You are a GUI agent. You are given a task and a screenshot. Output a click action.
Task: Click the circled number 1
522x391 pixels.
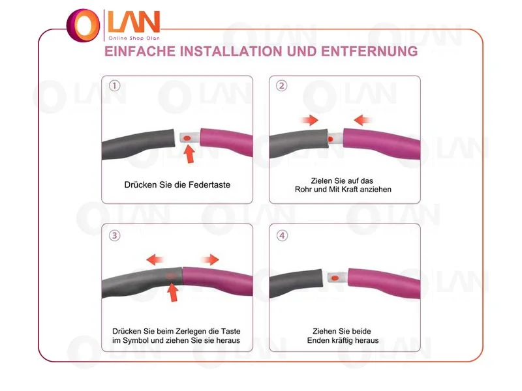[x=115, y=86]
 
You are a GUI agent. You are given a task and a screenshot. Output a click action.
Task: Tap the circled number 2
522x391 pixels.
[x=282, y=86]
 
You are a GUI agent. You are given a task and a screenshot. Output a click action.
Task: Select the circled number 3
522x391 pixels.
[x=115, y=236]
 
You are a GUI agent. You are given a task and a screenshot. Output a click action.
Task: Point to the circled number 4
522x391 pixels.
[x=283, y=236]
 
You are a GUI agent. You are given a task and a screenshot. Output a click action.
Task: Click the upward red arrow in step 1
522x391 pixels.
[x=189, y=154]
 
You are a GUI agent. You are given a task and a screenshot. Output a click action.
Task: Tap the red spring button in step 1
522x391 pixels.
[x=187, y=138]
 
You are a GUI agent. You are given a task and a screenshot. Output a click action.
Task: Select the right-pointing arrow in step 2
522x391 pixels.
[x=310, y=120]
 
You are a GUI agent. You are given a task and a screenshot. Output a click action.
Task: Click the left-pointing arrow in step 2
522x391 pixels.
[x=362, y=120]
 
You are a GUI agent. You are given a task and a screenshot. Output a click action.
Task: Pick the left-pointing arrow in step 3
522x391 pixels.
[x=155, y=259]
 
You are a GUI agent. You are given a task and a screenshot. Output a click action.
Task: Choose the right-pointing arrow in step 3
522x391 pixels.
[x=210, y=259]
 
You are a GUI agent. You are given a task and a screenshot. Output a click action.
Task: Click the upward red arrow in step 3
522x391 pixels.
[x=172, y=292]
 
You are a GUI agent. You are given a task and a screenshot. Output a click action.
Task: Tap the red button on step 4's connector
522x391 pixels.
[x=335, y=278]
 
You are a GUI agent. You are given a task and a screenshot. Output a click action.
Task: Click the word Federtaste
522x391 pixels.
[x=209, y=185]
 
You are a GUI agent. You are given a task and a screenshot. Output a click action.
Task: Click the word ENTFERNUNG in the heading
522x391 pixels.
[x=369, y=51]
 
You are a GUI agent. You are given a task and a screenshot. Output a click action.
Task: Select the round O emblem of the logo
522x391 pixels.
[x=84, y=25]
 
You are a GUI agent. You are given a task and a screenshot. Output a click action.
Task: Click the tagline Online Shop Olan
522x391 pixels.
[x=134, y=38]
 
